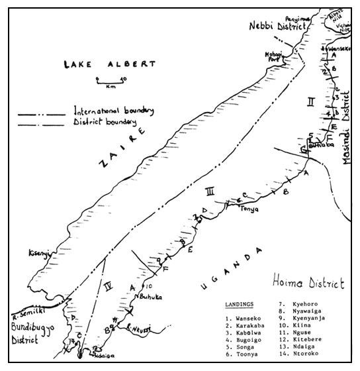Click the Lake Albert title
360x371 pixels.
click(x=110, y=65)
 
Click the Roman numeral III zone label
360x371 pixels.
click(x=210, y=192)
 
